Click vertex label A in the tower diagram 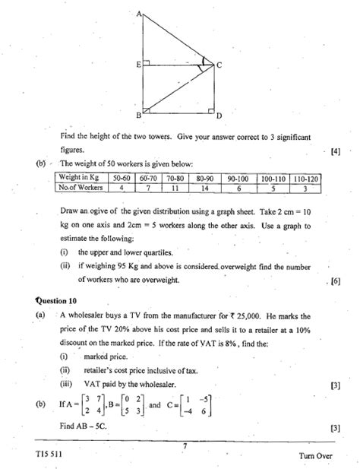coord(139,14)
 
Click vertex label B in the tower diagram coord(138,115)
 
